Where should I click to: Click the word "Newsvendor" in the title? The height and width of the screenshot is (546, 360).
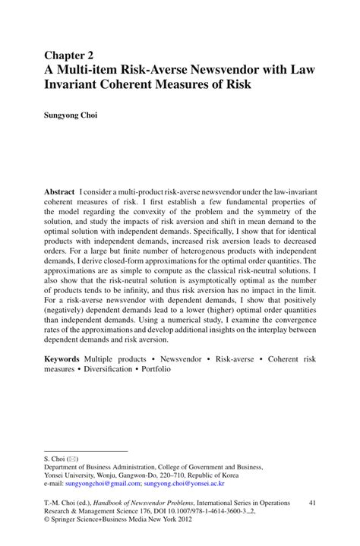tap(231, 69)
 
